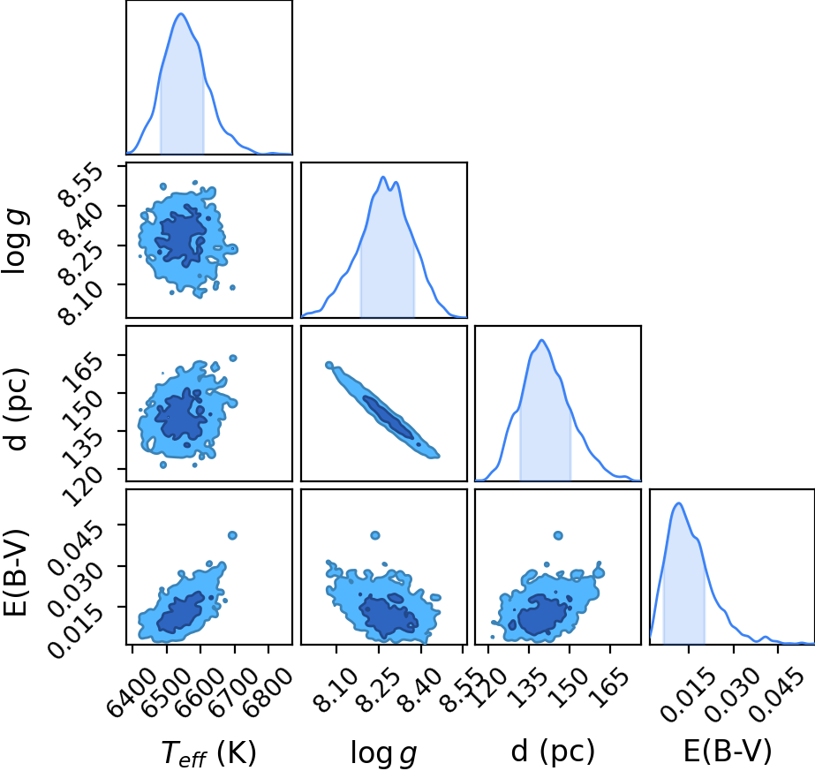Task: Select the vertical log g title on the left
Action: click(x=16, y=241)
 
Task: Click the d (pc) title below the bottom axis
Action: click(x=553, y=752)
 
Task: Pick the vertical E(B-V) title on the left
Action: click(x=15, y=572)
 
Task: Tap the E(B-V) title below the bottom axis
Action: click(x=728, y=752)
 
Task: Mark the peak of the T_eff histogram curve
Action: click(x=181, y=13)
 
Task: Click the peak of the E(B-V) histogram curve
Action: click(x=678, y=503)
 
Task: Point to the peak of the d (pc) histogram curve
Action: click(x=542, y=340)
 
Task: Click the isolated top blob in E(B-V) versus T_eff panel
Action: click(x=232, y=535)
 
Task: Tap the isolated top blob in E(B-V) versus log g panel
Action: click(x=375, y=535)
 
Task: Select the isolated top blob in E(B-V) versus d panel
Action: click(x=558, y=535)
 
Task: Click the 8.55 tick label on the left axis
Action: click(x=80, y=185)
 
